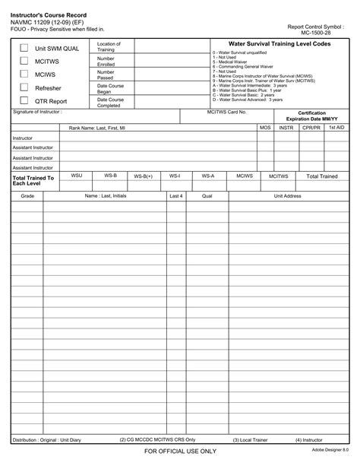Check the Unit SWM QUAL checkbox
(x=24, y=48)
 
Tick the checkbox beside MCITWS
(x=24, y=61)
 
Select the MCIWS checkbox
(x=24, y=74)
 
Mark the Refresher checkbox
(x=24, y=87)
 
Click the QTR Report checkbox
(x=24, y=100)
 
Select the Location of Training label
(x=109, y=46)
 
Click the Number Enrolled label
(x=106, y=61)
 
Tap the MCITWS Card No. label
(x=226, y=112)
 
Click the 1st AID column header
(x=336, y=128)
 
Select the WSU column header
(x=76, y=176)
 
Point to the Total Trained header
(x=322, y=176)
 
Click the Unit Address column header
(x=288, y=195)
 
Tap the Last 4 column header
(x=175, y=195)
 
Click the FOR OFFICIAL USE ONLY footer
(x=180, y=452)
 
